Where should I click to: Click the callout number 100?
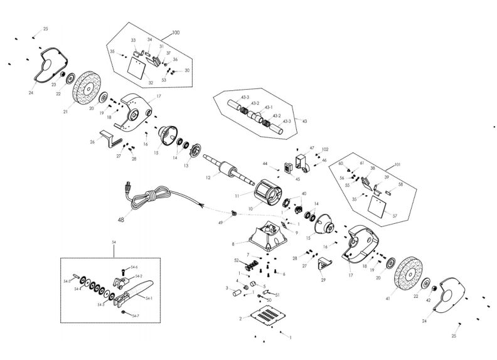pyautogui.click(x=175, y=32)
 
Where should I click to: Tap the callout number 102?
pyautogui.click(x=325, y=149)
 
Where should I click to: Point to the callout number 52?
pyautogui.click(x=236, y=261)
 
